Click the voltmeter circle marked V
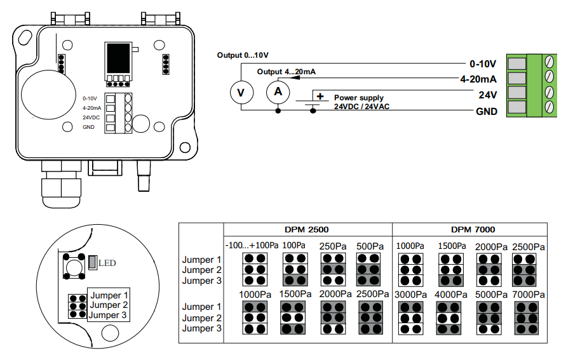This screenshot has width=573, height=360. (x=241, y=93)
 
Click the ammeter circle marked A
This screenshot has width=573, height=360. (x=278, y=92)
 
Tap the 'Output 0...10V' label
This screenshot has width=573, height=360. (x=243, y=55)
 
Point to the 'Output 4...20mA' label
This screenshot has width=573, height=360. (x=286, y=72)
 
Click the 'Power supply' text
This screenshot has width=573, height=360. (x=359, y=98)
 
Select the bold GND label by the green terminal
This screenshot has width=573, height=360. (x=487, y=111)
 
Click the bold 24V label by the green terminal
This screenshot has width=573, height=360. (x=488, y=95)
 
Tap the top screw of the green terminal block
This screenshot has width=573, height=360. (x=549, y=62)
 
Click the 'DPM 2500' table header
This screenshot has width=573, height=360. (x=307, y=230)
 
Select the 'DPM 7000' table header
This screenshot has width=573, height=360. (x=473, y=230)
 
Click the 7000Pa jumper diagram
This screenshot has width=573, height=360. (x=526, y=318)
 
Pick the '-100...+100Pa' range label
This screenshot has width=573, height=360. (x=252, y=245)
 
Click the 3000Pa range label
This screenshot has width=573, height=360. (x=411, y=295)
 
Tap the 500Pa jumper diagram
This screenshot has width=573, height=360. (x=368, y=269)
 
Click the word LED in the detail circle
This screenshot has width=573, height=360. (x=107, y=263)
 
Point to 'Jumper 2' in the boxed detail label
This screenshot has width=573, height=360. (x=109, y=305)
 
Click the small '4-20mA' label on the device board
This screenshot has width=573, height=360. (x=91, y=108)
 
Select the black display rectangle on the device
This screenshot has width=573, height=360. (x=118, y=59)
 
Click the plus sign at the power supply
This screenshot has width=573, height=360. (x=320, y=97)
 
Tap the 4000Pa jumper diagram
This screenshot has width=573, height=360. (x=448, y=318)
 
